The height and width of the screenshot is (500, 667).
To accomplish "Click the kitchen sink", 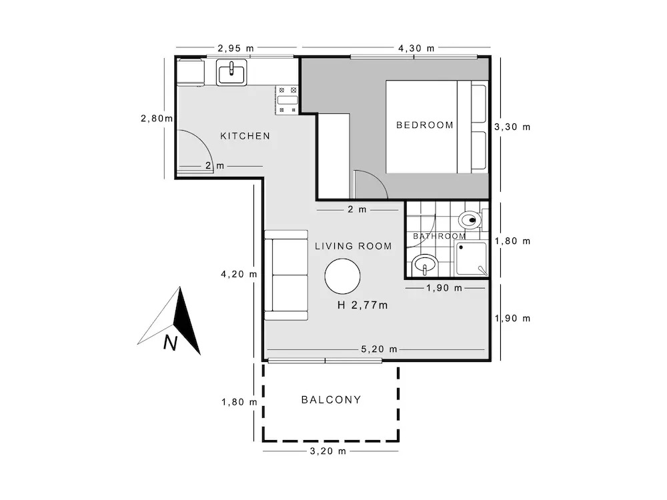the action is coord(231,72).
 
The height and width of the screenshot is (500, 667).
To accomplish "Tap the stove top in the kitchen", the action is coord(287,100).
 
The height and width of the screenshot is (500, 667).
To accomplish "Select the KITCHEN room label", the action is coord(245,136).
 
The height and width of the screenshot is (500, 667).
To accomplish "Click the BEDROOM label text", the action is coord(424,125).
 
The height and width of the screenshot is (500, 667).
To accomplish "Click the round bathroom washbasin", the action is coord(425,265).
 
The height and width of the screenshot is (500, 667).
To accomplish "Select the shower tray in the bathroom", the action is coord(472,259).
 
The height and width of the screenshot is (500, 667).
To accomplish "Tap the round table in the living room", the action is coord(342,277).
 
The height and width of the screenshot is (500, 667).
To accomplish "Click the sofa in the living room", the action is coord(286,275).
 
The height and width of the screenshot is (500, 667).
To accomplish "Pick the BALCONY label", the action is coord(331,399).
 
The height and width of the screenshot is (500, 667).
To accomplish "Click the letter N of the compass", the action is coord(170,342).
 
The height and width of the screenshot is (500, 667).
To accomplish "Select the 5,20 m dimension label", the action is coord(379,349).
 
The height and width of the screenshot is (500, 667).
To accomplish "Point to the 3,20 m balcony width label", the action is coord(328,451).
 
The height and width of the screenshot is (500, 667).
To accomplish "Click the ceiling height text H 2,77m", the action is coord(362,305).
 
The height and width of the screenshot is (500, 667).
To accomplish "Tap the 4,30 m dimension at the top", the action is coord(416,48).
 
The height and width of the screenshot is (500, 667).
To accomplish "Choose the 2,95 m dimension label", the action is coord(235,48).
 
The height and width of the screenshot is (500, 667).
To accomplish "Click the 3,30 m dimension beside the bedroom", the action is coord(512,127).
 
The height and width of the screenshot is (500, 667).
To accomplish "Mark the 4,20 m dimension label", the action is coord(239,274).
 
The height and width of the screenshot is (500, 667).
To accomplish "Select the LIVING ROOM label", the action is coord(353,246).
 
